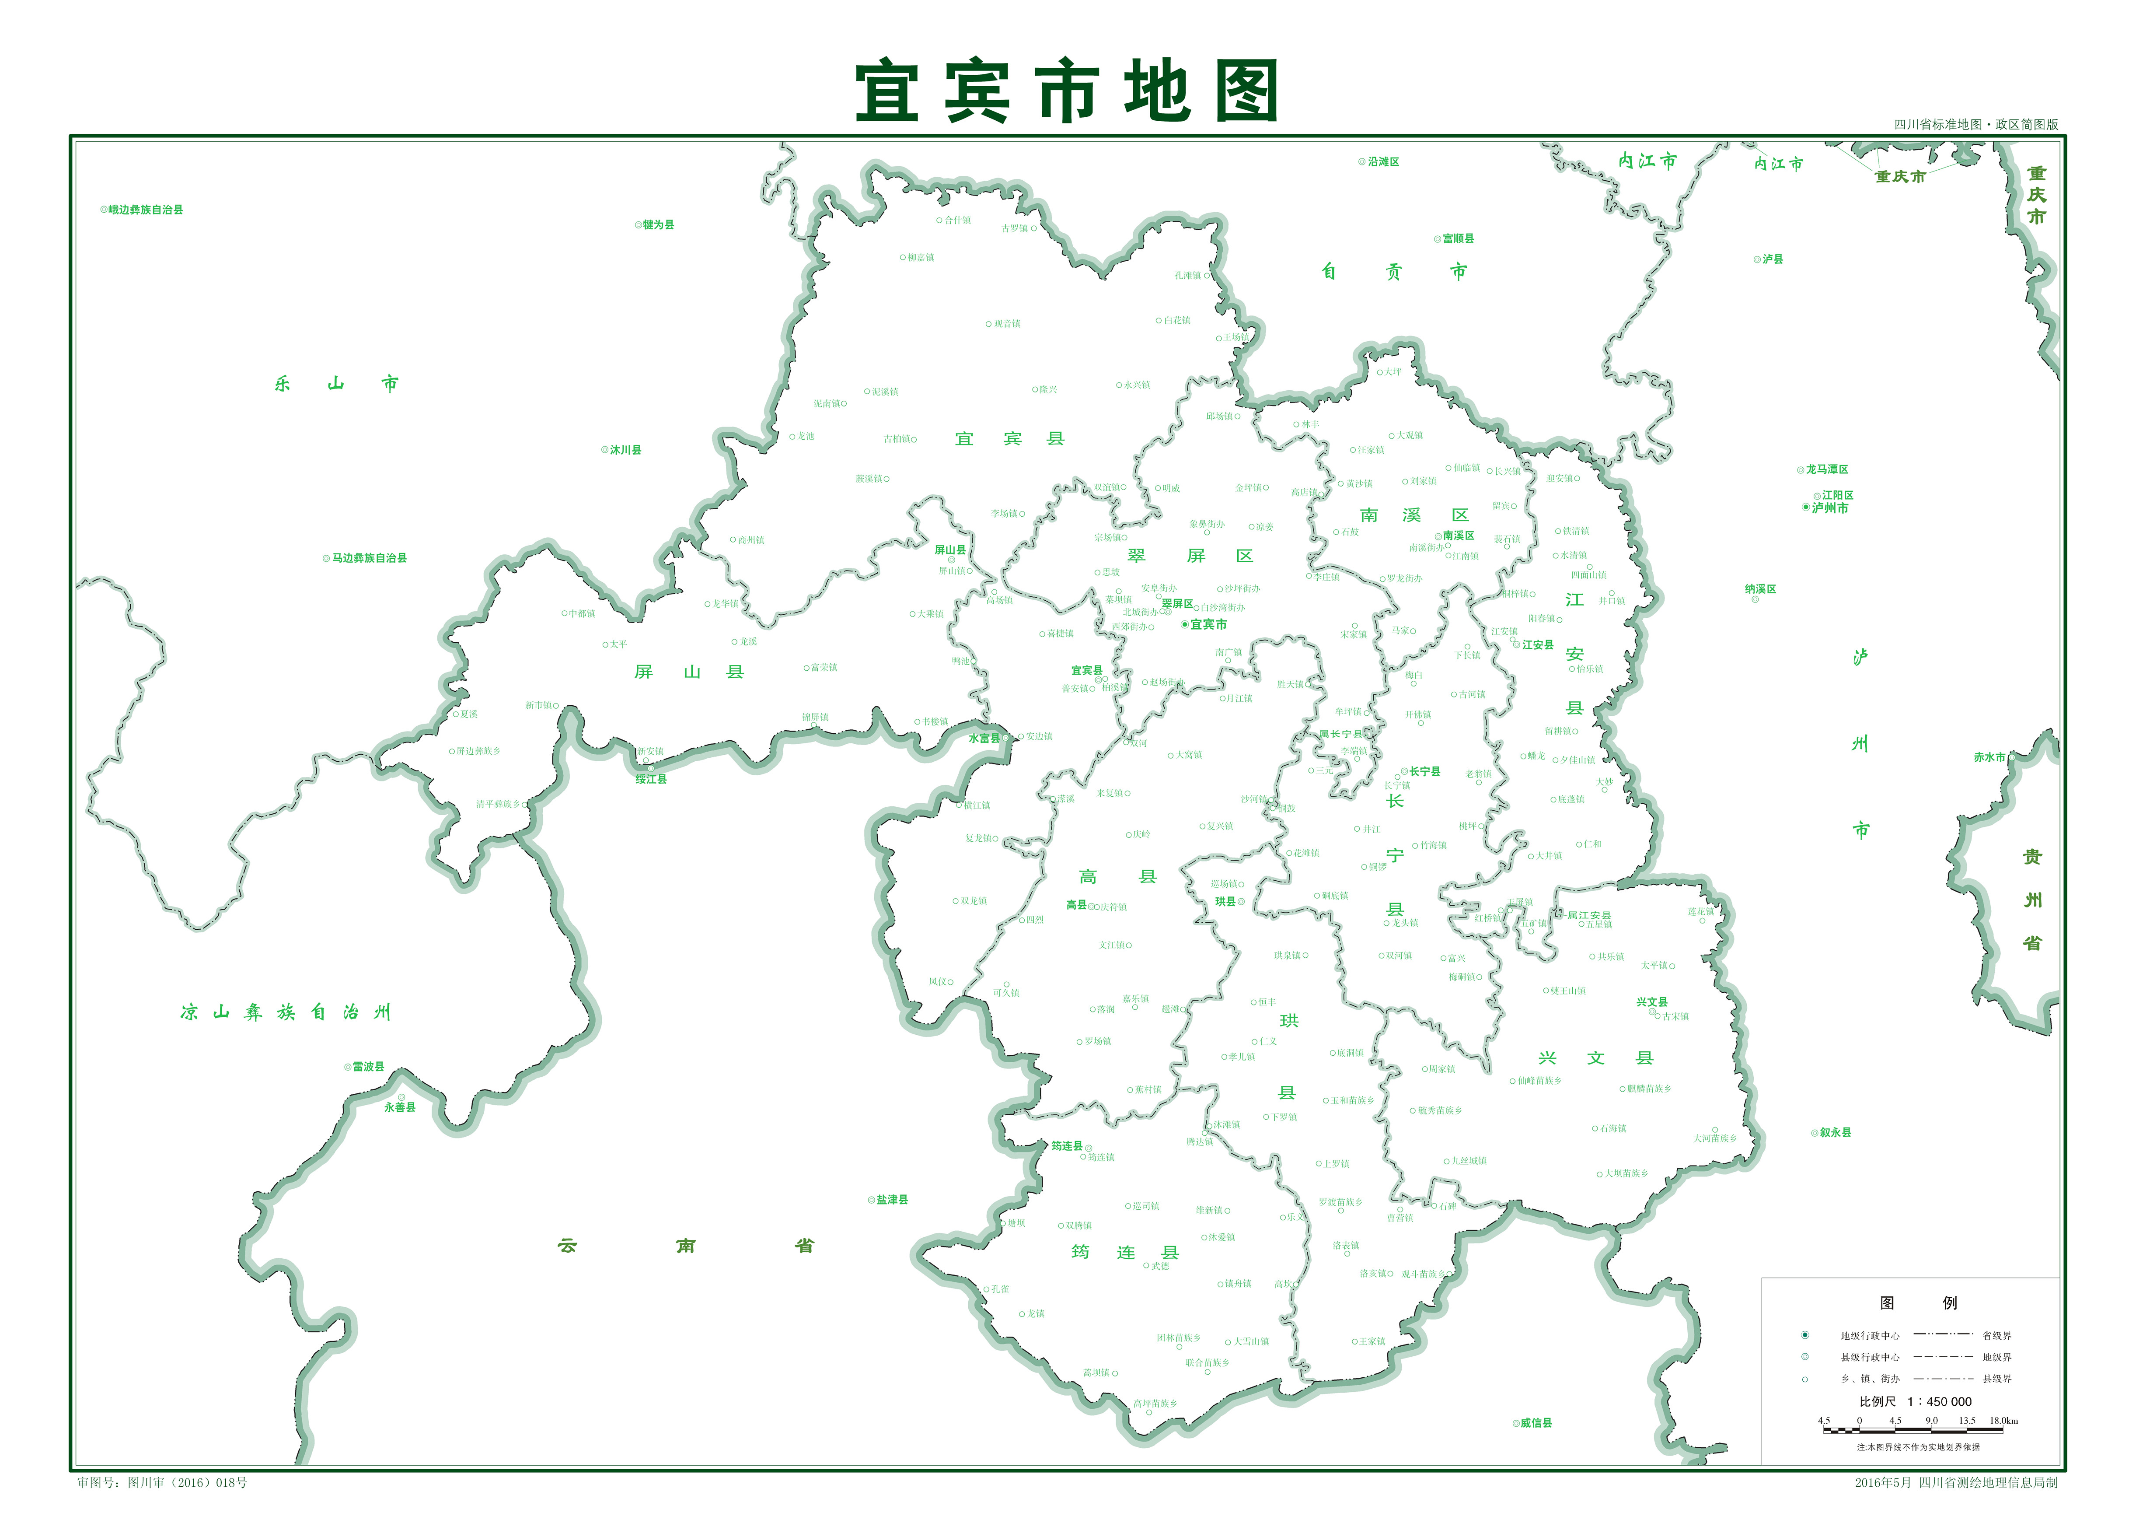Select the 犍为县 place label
tap(658, 225)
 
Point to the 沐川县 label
tap(625, 450)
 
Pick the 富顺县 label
tap(1458, 239)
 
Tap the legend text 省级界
tap(1996, 1336)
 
